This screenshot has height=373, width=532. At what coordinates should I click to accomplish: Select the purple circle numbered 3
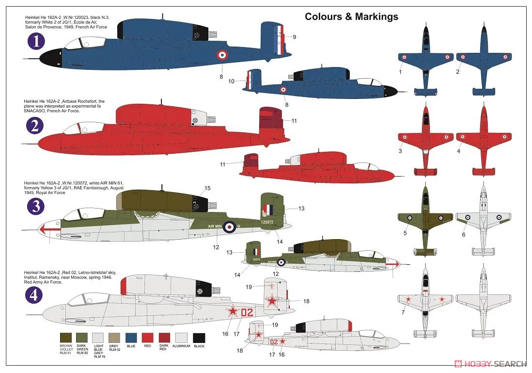(36, 206)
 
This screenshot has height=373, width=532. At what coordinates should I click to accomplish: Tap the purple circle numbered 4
(36, 292)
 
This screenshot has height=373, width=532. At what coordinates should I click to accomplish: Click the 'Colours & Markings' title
(351, 16)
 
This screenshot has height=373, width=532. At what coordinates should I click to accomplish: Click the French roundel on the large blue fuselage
(221, 54)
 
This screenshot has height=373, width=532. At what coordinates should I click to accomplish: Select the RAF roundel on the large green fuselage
(229, 226)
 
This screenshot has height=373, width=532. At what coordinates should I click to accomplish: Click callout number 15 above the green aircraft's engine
(207, 188)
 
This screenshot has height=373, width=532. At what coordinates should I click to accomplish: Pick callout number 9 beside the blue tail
(294, 37)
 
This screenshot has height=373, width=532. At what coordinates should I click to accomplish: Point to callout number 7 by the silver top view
(403, 312)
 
